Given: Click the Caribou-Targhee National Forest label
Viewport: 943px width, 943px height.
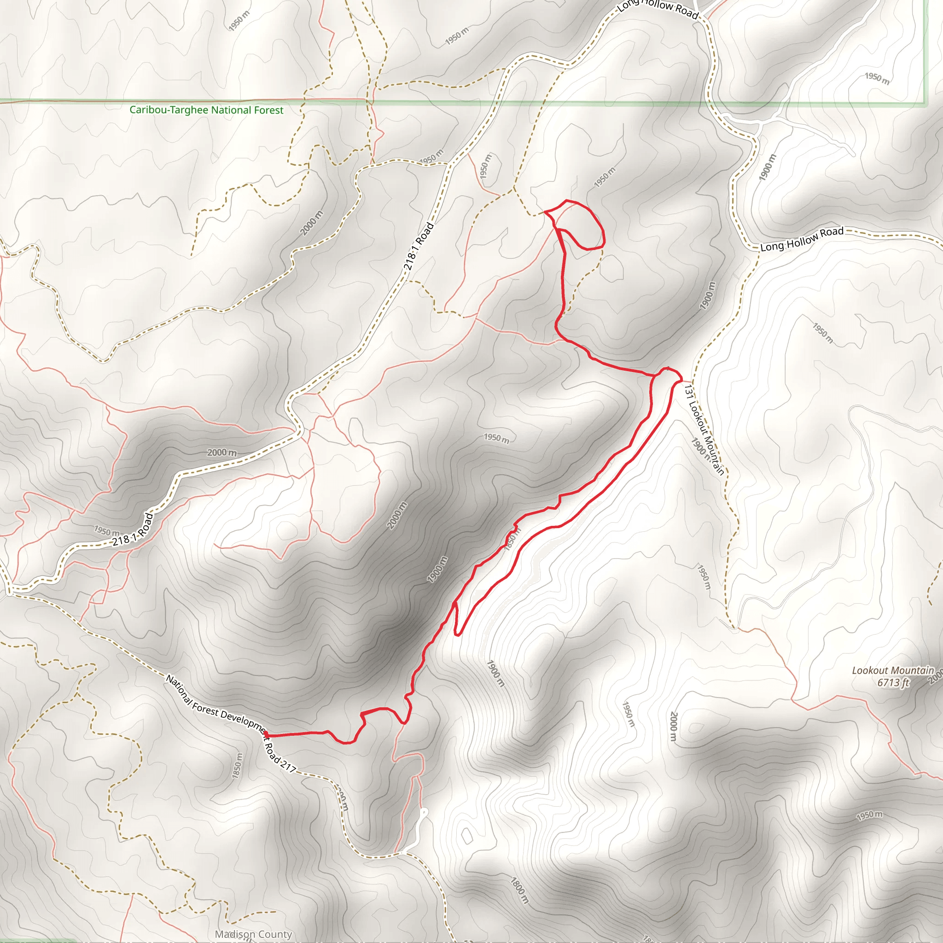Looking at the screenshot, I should point(206,111).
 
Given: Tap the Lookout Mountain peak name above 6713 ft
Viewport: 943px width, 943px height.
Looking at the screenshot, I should point(893,670).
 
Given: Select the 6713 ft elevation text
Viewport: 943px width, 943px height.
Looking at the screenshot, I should point(893,682).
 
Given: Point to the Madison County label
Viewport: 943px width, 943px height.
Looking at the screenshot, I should point(253,934).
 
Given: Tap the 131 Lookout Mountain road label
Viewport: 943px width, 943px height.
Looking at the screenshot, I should point(704,429).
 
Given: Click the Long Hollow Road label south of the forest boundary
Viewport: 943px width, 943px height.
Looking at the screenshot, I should point(802,239).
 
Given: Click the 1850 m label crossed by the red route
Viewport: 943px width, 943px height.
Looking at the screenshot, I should point(512,539).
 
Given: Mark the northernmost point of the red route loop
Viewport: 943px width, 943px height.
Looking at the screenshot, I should point(566,201).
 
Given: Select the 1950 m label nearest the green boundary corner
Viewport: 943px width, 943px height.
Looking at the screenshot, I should point(877,78).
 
